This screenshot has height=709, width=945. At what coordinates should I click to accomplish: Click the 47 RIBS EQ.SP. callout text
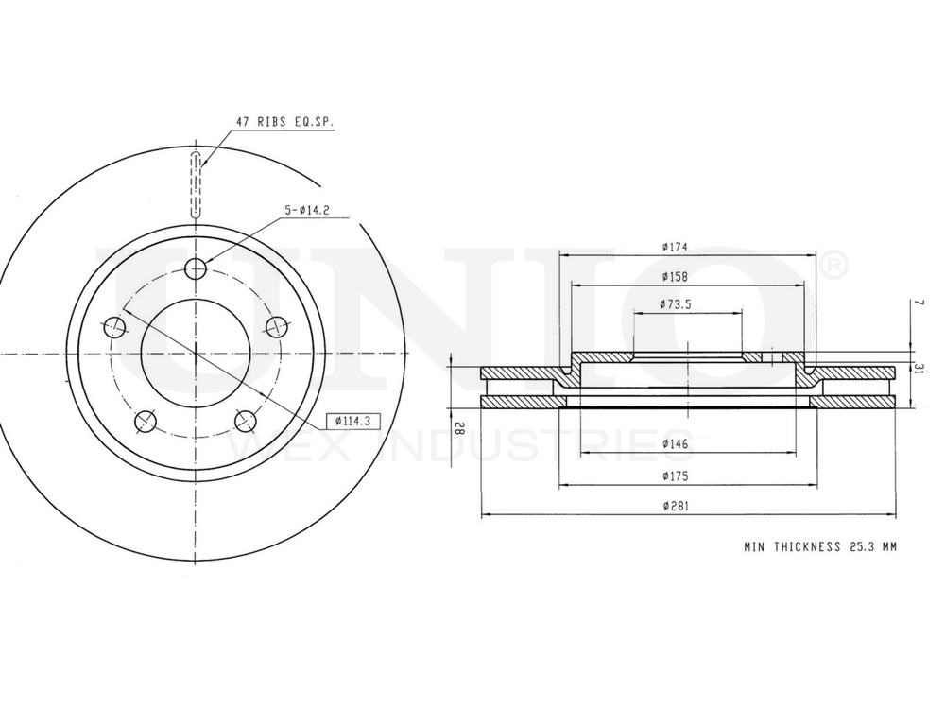point(284,123)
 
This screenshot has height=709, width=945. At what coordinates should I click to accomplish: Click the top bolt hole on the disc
point(196,268)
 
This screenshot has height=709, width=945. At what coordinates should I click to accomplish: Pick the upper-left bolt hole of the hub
point(114,328)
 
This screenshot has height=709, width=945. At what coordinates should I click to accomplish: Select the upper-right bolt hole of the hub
point(277,327)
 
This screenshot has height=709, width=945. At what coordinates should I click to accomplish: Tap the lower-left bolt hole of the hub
point(146,422)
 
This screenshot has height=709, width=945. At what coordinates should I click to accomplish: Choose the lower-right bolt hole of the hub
point(245,422)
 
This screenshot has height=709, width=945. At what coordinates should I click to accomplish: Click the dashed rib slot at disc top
point(196,185)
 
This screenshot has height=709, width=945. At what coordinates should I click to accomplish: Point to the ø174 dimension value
point(674,248)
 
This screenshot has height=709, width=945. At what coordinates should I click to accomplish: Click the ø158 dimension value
point(674,278)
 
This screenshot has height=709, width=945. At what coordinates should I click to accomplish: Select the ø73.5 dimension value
point(676,305)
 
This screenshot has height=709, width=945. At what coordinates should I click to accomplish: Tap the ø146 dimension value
point(674,444)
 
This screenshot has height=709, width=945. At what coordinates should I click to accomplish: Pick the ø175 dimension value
point(674,476)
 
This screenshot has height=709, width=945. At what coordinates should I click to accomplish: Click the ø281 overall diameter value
point(675,506)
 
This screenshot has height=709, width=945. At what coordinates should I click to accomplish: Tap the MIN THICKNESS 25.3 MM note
point(820,546)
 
